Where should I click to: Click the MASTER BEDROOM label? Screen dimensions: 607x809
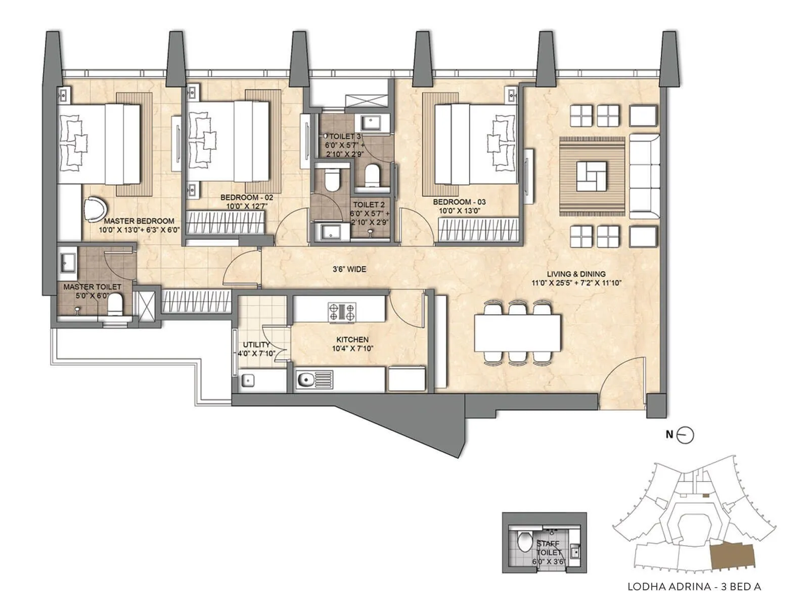139,221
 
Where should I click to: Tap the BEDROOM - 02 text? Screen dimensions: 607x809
247,197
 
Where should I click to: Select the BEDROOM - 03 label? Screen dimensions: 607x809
459,202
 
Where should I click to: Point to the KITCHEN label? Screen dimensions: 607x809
352,339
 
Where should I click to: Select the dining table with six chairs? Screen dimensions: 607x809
517,333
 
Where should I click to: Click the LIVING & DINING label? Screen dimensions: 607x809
576,274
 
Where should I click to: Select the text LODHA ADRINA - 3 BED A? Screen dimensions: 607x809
694,587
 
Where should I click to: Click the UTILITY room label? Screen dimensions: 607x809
256,345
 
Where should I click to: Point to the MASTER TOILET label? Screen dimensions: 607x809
92,287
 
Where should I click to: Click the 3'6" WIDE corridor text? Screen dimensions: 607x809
349,270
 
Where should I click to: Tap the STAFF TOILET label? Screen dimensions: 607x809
549,548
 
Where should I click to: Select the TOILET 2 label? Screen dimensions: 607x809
369,205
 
